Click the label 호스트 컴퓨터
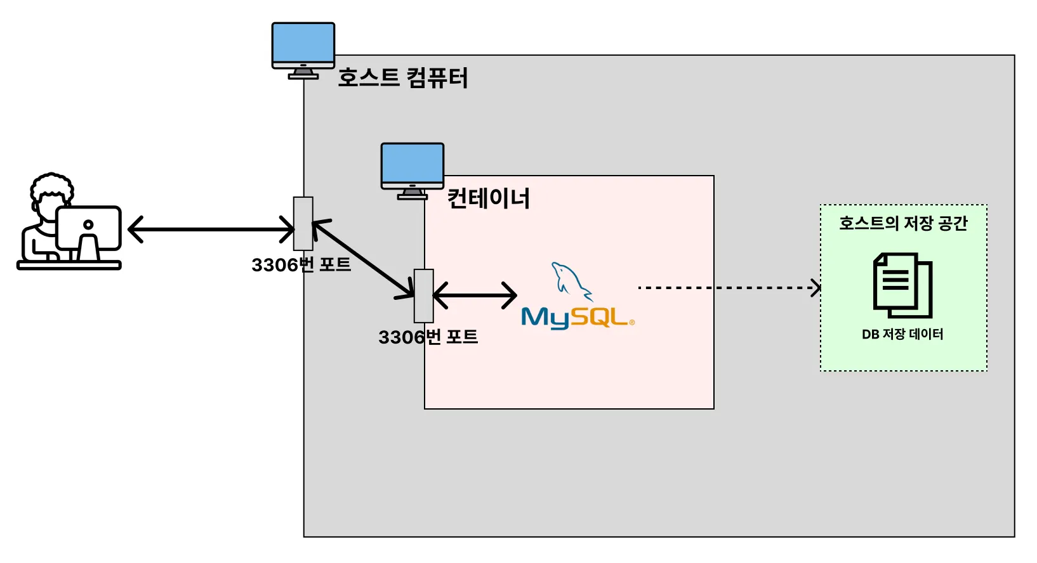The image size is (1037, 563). pos(402,78)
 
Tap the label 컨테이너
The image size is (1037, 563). pos(488,198)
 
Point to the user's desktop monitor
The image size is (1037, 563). pos(89,229)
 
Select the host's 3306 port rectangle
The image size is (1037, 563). pos(303,223)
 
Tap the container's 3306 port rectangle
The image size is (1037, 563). pos(424,295)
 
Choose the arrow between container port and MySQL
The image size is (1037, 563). pos(475,295)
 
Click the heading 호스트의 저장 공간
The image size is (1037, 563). pos(903,223)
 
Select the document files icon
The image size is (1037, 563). pos(903,285)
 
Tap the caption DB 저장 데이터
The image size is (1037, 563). pos(902,334)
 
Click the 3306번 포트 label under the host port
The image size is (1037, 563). pos(301,264)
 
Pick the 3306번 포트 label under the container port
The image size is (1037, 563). pos(428,337)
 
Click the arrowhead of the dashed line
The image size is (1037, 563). pos(816,288)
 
